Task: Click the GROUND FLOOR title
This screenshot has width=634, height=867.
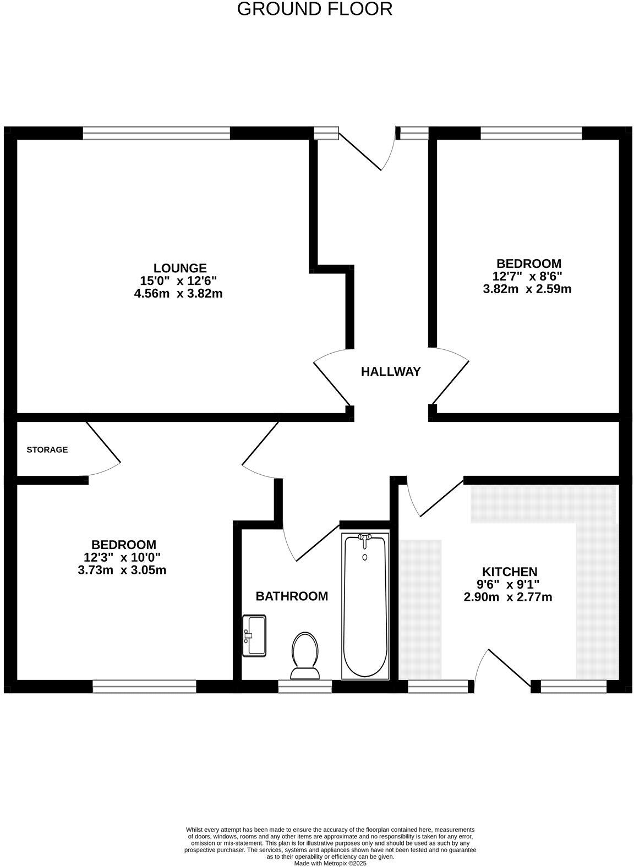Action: point(314,9)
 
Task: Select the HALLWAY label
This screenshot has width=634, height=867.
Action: point(391,371)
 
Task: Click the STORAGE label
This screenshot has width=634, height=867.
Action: point(47,449)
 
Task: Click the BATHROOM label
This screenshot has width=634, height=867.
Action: point(292,596)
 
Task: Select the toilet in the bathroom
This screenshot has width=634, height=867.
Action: point(305,656)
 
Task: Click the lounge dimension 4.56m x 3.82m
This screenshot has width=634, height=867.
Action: point(178,294)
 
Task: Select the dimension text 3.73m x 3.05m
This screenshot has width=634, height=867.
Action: point(122,570)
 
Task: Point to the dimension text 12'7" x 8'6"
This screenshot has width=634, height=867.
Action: point(527,276)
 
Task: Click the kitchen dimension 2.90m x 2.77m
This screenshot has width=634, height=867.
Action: point(508,597)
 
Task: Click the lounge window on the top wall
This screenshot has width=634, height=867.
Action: point(156,133)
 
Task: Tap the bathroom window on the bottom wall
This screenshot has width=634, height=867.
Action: point(305,685)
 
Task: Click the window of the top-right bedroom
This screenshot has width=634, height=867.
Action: point(531,133)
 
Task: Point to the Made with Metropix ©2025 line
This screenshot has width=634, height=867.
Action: point(330,864)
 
